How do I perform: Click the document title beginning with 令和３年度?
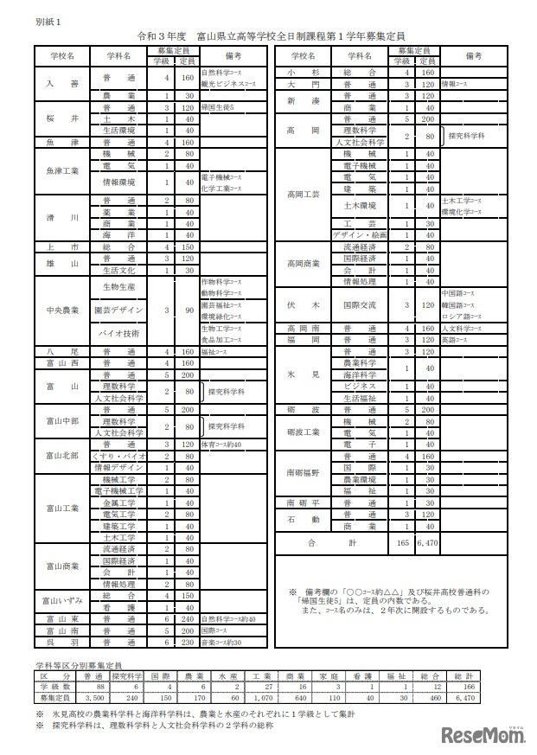[271, 36]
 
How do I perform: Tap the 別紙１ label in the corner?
[47, 18]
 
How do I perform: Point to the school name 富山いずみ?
[62, 600]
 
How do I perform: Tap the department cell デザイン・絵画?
[359, 234]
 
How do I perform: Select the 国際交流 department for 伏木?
[359, 304]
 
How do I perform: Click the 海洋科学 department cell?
[359, 374]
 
